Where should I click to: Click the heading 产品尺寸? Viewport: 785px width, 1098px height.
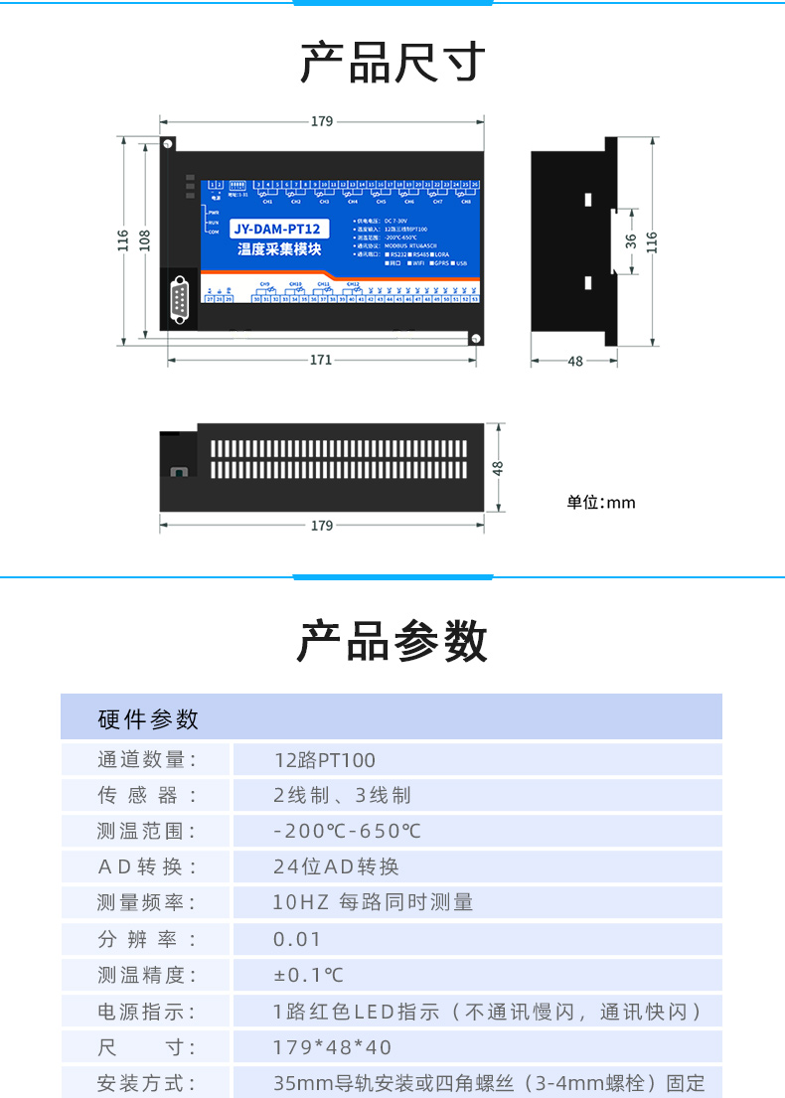392,62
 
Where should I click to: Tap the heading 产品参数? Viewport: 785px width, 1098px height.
392,641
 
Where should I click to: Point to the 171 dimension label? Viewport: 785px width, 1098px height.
320,361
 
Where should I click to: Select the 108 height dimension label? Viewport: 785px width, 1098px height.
144,239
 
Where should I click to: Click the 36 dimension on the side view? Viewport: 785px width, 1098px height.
631,240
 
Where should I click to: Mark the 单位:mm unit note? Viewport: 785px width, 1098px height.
601,503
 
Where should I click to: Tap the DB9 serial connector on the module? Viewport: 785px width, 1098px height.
180,299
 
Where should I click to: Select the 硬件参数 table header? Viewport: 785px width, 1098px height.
149,719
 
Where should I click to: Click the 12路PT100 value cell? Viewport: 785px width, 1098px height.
325,760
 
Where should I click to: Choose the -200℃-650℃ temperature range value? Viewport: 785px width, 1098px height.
347,831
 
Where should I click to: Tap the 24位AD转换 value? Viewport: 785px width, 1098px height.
336,866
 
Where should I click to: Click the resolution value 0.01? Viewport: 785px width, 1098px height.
297,939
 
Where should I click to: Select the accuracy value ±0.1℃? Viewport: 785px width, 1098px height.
308,975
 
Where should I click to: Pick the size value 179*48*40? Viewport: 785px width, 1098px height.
332,1047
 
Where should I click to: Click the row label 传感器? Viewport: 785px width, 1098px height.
146,795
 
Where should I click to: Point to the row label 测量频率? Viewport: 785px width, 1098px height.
146,902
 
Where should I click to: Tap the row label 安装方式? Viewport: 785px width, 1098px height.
146,1083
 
